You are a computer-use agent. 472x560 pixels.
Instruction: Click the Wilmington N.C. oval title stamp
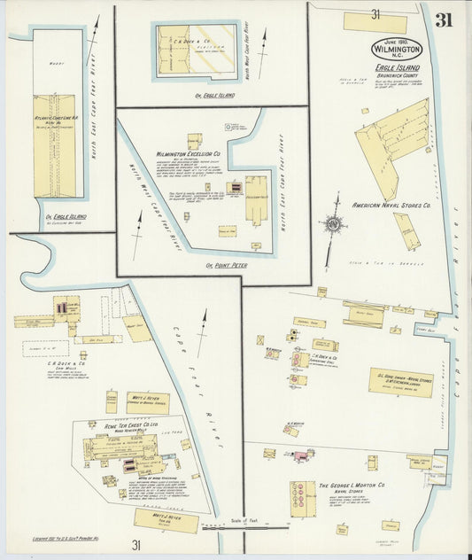click(x=396, y=47)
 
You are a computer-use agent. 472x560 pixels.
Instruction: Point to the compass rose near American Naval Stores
click(x=334, y=224)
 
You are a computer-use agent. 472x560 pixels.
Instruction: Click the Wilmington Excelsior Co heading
click(x=188, y=153)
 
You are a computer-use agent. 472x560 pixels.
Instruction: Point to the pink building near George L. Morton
click(x=302, y=455)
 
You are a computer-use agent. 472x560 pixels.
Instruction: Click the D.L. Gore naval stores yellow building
click(x=400, y=382)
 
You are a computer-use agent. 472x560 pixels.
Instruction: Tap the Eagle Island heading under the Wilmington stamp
click(x=396, y=66)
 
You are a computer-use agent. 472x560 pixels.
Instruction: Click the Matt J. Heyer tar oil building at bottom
click(x=166, y=520)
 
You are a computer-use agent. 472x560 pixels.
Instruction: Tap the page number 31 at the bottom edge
click(x=136, y=545)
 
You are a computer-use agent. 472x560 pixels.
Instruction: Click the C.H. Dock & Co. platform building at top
click(x=197, y=45)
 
